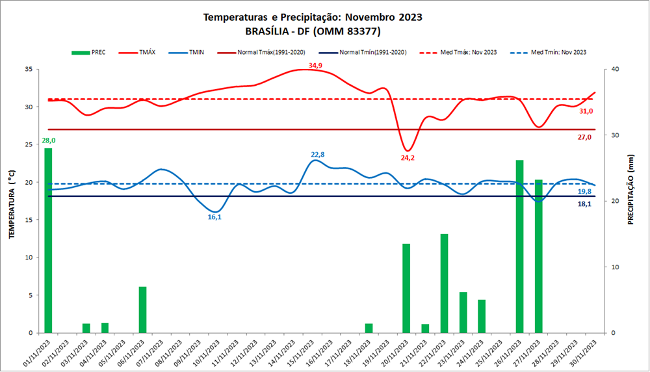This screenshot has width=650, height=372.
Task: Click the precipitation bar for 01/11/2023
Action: (x=48, y=241)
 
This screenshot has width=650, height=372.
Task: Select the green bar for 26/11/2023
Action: (x=519, y=246)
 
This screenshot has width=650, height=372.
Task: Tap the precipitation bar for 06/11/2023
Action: (x=142, y=310)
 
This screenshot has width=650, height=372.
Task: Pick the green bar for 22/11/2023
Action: (x=444, y=284)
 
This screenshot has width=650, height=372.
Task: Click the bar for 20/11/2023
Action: (x=406, y=288)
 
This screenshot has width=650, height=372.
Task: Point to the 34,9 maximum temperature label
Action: (x=315, y=65)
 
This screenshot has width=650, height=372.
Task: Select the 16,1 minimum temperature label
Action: (x=214, y=217)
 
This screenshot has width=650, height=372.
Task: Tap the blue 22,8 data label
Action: (x=318, y=154)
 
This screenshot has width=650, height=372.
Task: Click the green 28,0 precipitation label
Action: (x=49, y=140)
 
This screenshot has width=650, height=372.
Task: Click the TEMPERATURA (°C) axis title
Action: (x=12, y=201)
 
